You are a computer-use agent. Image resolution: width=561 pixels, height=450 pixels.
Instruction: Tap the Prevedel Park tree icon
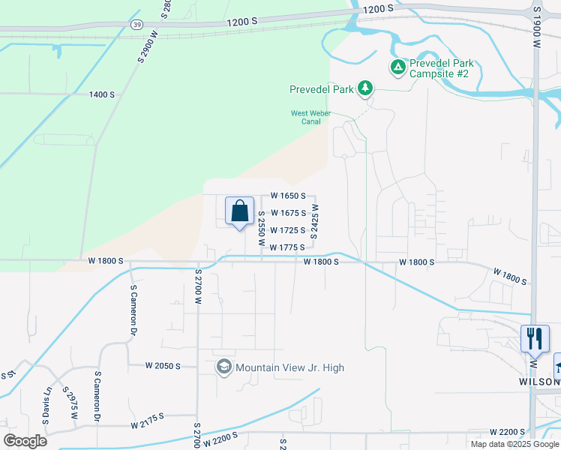(x=365, y=88)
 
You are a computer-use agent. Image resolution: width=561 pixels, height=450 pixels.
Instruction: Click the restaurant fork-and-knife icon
(x=535, y=338)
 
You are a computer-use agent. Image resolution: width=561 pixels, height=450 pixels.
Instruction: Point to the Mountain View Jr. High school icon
(x=223, y=367)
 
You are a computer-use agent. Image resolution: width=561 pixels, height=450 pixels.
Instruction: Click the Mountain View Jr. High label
(x=290, y=367)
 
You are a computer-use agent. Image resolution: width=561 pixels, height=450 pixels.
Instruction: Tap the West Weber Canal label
(x=310, y=118)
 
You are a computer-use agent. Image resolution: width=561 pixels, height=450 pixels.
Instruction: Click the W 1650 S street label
(x=287, y=196)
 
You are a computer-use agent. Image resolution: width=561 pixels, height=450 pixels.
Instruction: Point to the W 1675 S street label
(x=287, y=213)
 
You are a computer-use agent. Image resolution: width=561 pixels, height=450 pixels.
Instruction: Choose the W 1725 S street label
(x=287, y=230)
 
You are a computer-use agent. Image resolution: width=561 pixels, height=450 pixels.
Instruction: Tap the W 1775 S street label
(x=287, y=247)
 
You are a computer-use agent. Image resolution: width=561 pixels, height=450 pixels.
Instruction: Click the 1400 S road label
(x=102, y=94)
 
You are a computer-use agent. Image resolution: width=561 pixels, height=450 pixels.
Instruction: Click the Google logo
(x=25, y=440)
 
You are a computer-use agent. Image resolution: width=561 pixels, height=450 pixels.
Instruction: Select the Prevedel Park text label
(x=322, y=89)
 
